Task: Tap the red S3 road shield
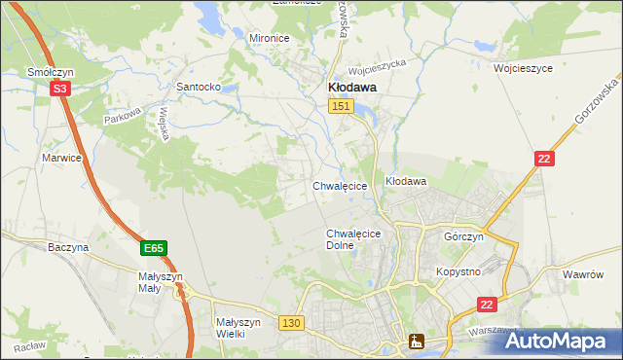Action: [60, 89]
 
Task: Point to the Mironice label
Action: [270, 38]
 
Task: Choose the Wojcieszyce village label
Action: [523, 69]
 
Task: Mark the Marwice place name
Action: [60, 157]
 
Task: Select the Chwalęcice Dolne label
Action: [352, 239]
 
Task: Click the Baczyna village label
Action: [68, 247]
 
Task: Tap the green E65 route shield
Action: [153, 249]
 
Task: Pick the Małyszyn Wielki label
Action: [238, 327]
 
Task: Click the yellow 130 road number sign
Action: [290, 322]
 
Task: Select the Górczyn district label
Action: [463, 237]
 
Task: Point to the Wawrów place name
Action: [584, 274]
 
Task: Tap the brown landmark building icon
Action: [417, 341]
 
